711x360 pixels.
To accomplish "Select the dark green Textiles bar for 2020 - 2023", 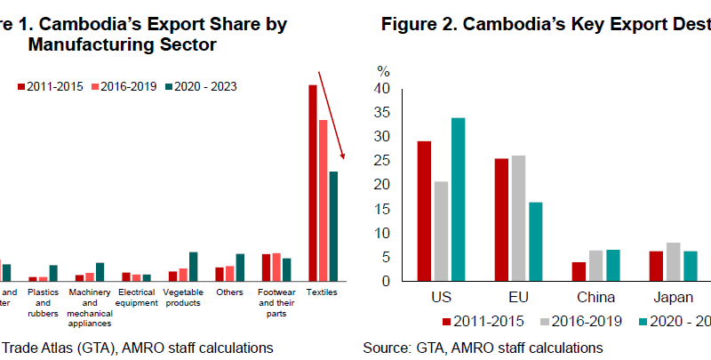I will [x=333, y=226].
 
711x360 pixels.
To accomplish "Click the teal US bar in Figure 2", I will [x=458, y=199].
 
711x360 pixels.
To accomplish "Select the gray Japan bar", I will [x=673, y=261].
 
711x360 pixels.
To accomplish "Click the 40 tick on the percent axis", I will [x=382, y=88].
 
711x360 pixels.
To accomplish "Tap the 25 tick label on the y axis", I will [x=382, y=161].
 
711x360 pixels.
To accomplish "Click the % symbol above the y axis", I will [x=383, y=70].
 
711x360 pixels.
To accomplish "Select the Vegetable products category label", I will [x=183, y=297].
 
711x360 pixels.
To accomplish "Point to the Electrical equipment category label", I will [x=137, y=297].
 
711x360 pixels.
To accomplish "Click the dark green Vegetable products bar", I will [x=194, y=266].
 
